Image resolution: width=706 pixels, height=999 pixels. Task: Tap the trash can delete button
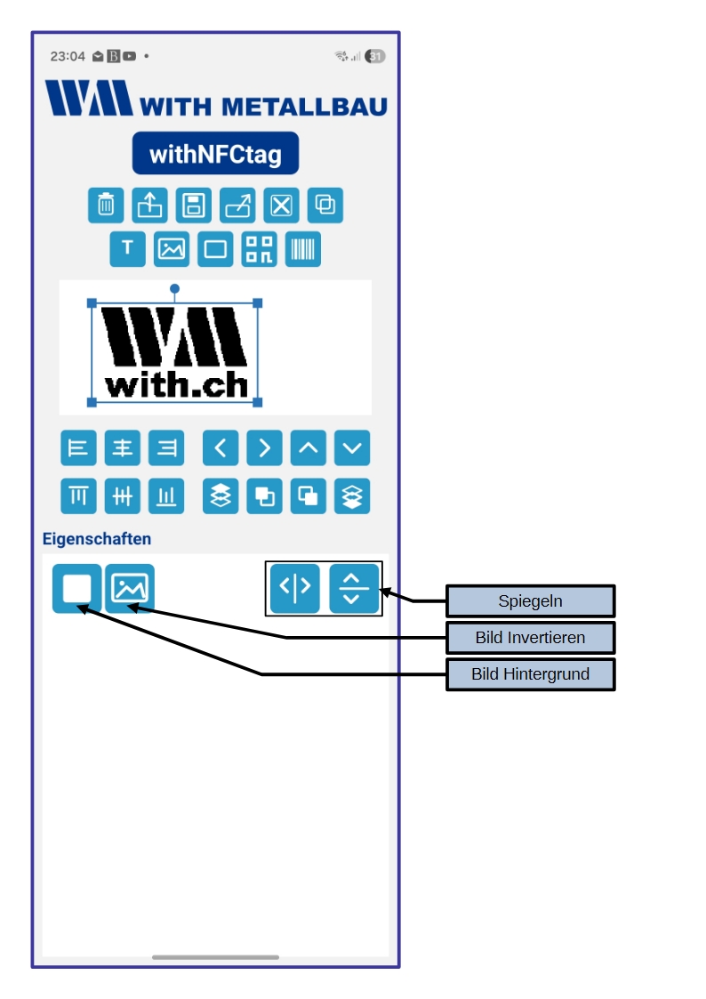[106, 205]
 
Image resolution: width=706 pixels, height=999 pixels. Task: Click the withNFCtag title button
[215, 154]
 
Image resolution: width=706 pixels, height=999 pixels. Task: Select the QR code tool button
[260, 249]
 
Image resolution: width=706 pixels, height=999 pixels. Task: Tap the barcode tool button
[303, 249]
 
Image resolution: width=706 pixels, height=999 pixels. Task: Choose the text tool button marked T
[127, 249]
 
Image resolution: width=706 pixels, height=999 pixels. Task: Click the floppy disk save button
[193, 205]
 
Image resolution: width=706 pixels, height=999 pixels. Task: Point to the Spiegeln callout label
[530, 601]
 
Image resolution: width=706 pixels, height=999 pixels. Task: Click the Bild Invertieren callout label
[530, 638]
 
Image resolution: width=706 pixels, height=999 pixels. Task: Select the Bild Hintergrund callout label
[530, 674]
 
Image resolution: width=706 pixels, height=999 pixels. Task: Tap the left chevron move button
[221, 448]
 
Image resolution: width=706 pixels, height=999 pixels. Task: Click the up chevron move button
[308, 448]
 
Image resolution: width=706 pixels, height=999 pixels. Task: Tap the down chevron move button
[352, 448]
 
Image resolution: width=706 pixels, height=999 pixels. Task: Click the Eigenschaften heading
[97, 539]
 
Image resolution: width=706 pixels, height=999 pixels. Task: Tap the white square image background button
[76, 588]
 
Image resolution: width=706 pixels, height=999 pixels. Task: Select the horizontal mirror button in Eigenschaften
[295, 587]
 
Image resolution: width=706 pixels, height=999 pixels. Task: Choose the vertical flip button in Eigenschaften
[353, 587]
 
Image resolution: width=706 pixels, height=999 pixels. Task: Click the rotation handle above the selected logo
[175, 289]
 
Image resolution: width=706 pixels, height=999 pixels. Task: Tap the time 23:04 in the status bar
[68, 56]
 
